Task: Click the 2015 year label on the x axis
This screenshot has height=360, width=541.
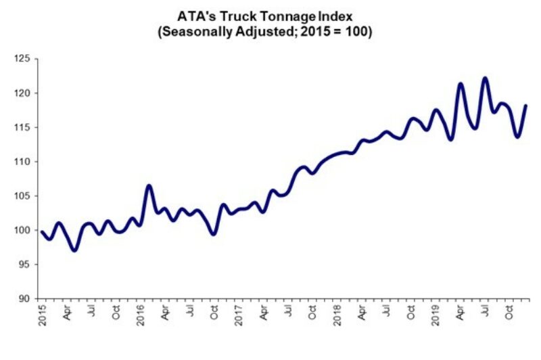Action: pyautogui.click(x=41, y=315)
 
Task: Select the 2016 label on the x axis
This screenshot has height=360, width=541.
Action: pyautogui.click(x=139, y=315)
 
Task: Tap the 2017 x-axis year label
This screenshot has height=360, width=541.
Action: pyautogui.click(x=238, y=315)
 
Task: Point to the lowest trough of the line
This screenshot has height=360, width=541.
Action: pyautogui.click(x=74, y=250)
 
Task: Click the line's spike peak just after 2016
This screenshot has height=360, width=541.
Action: pyautogui.click(x=149, y=185)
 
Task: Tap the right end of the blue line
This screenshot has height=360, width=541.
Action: pyautogui.click(x=526, y=106)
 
